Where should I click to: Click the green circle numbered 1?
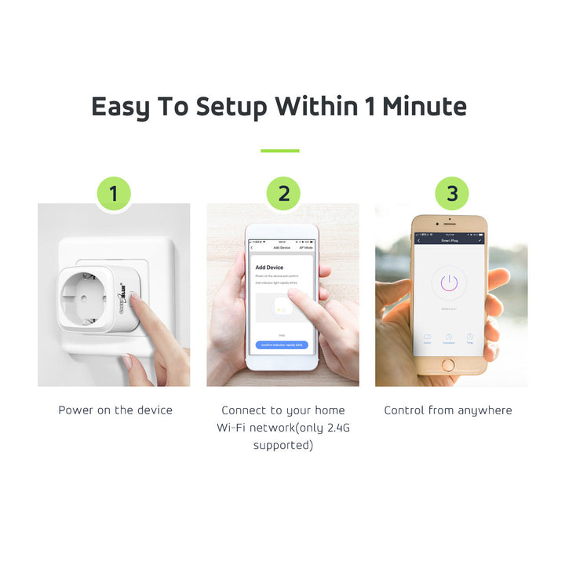tap(114, 194)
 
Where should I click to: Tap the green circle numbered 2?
tap(283, 194)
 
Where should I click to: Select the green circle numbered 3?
tap(451, 194)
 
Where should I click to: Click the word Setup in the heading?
tap(231, 107)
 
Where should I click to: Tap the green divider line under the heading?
tap(280, 151)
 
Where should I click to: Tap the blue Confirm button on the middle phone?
tap(282, 345)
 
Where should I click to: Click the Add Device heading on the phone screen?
tap(269, 268)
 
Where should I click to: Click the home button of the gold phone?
tap(448, 364)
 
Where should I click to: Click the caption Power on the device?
tap(115, 410)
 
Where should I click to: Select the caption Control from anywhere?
tap(447, 410)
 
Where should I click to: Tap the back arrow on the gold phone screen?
tap(419, 241)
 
